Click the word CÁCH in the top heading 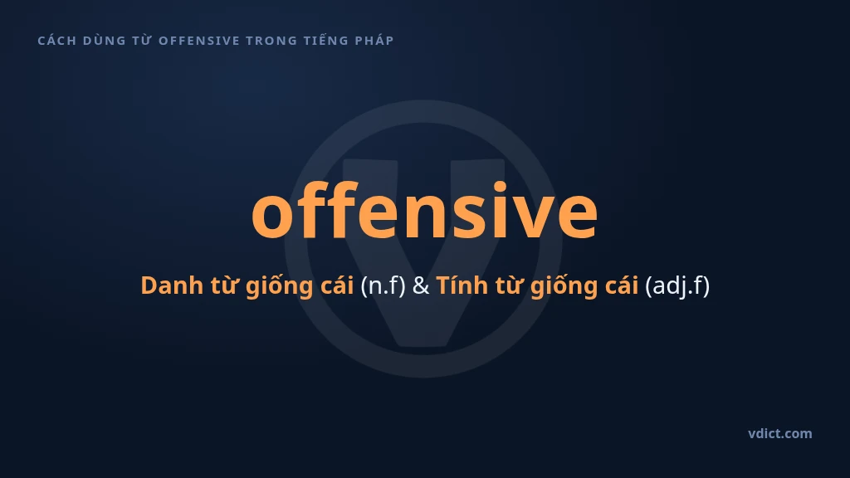(x=57, y=40)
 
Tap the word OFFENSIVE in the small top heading (x=199, y=41)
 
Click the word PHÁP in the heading (x=374, y=40)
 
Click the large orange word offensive (x=424, y=210)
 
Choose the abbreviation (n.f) (x=383, y=285)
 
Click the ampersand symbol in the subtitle (x=421, y=285)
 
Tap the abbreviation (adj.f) (x=677, y=285)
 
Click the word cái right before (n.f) (x=337, y=285)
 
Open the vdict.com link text (x=780, y=433)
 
